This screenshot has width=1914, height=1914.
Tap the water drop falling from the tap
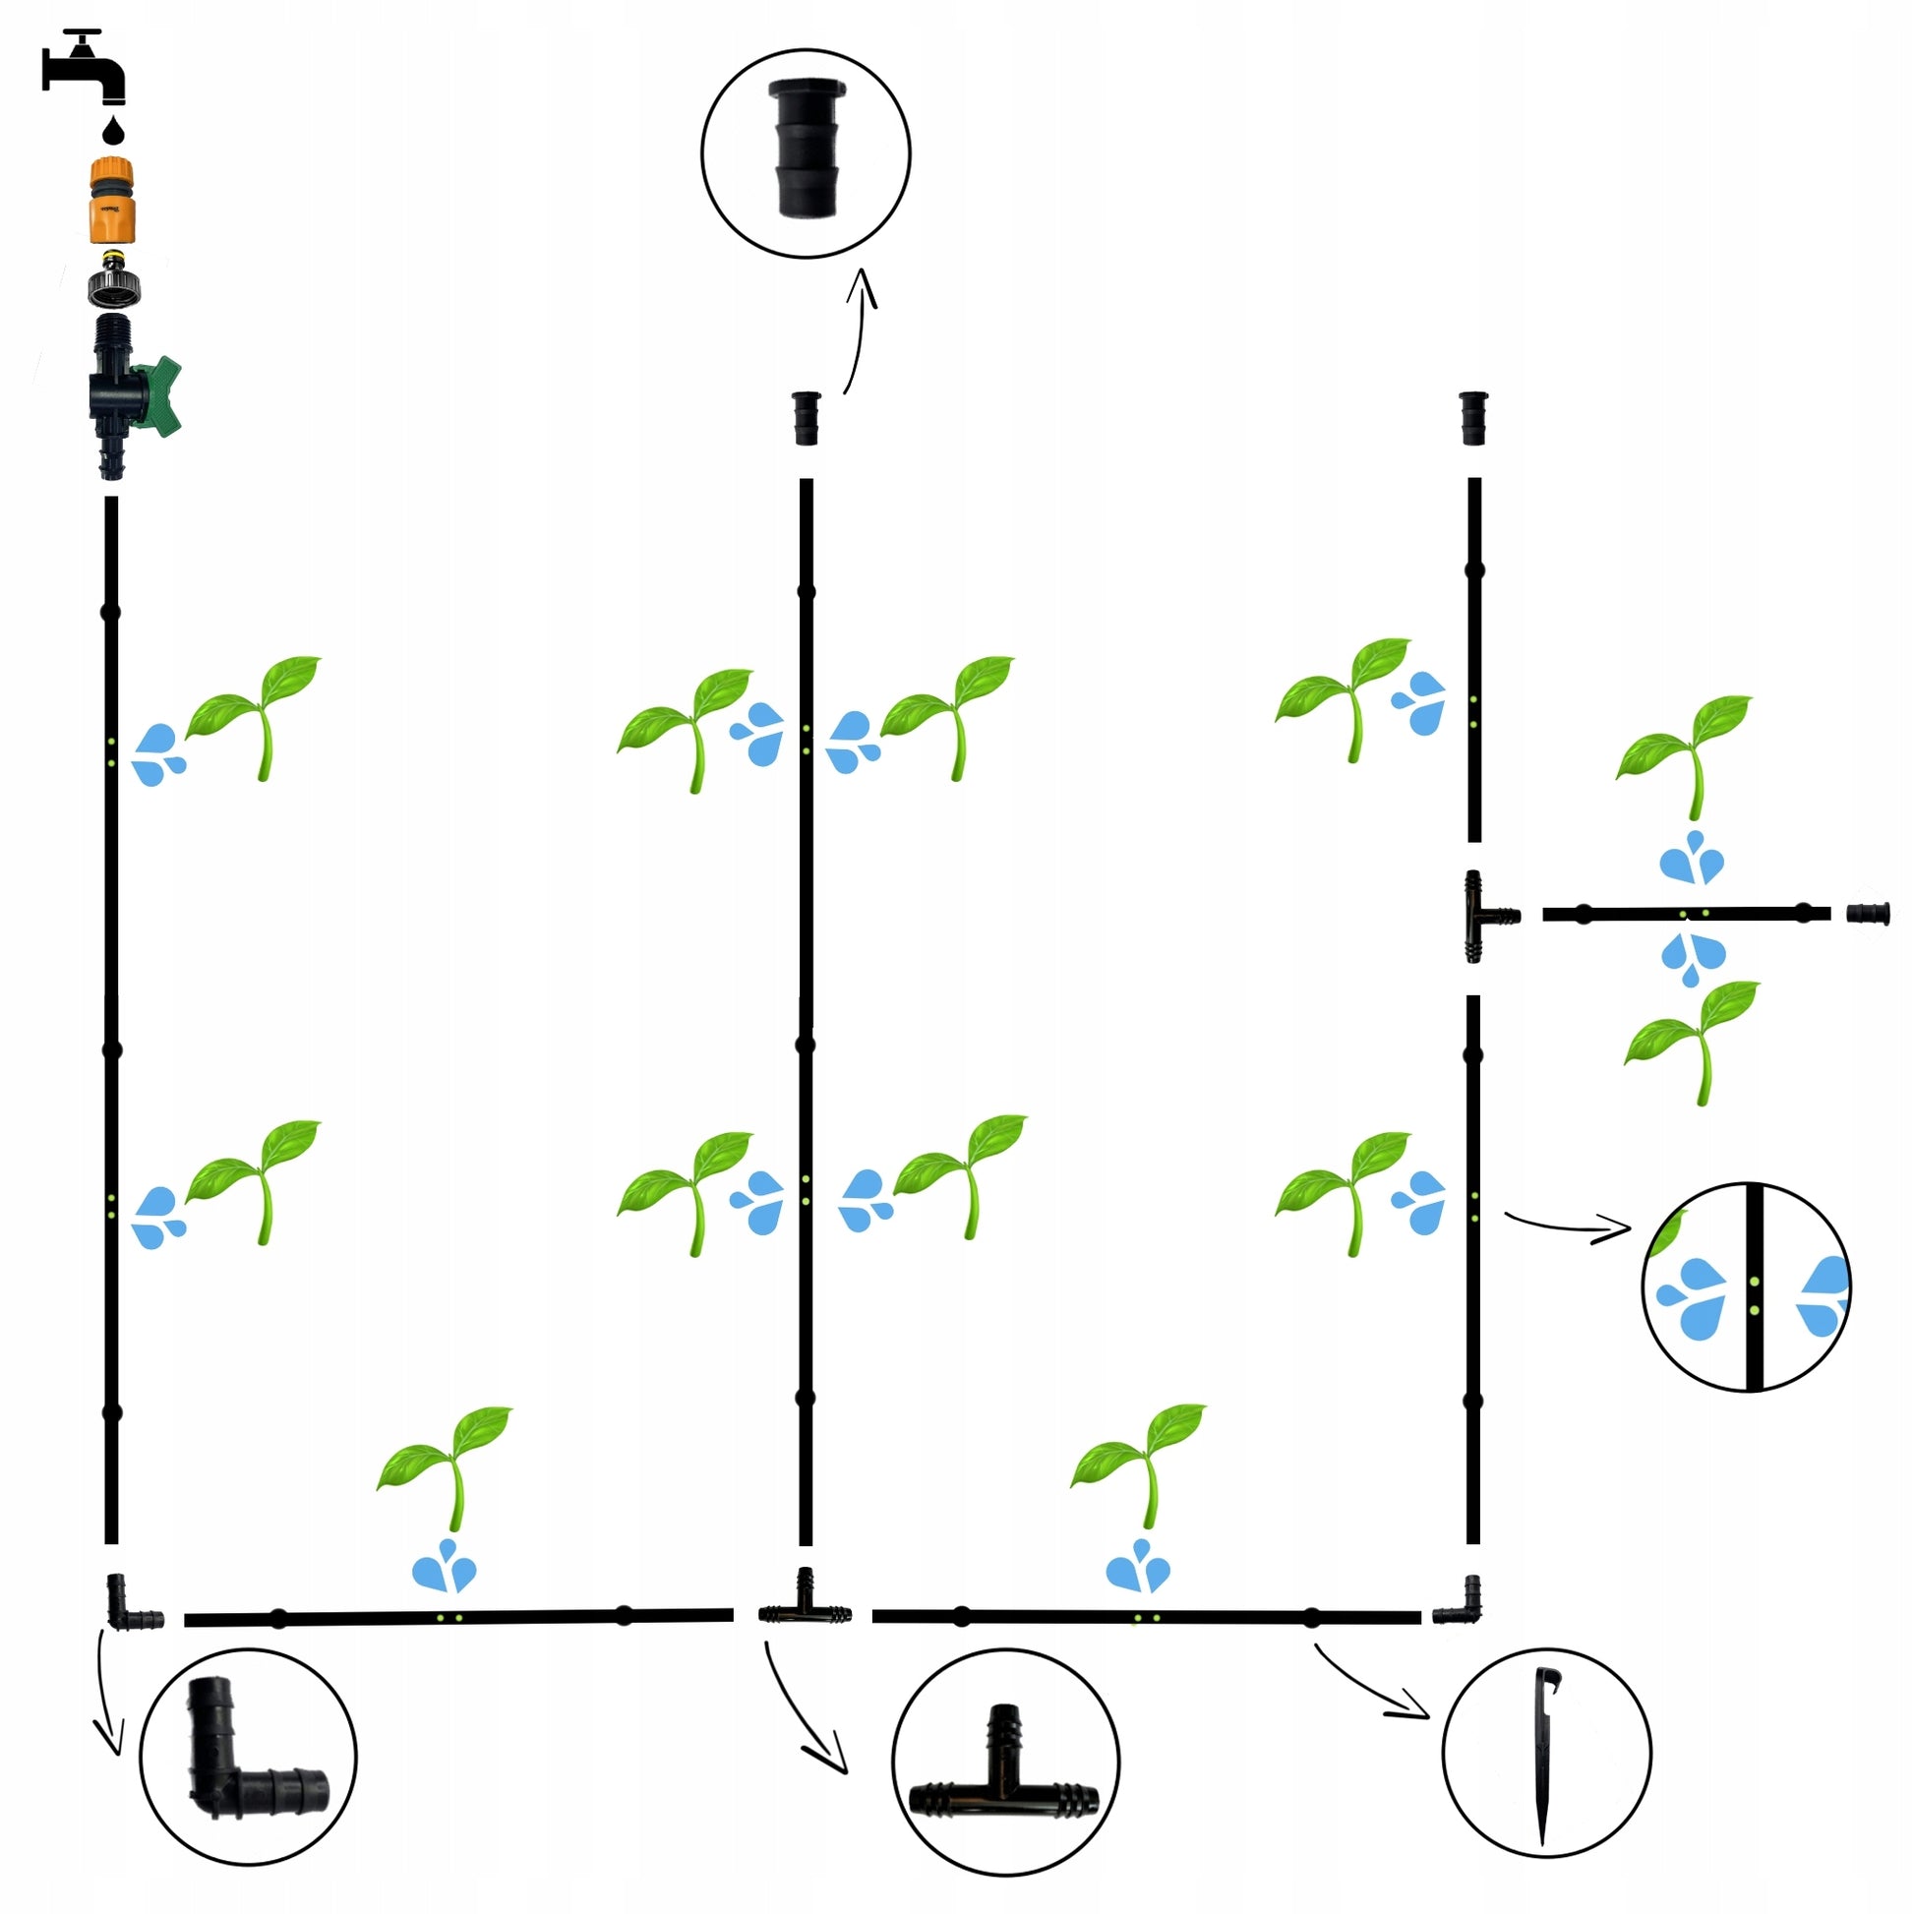(x=114, y=130)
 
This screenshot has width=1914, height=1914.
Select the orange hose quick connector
(x=112, y=200)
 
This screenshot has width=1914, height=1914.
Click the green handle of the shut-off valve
(x=160, y=395)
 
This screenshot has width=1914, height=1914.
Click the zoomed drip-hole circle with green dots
(x=1746, y=1286)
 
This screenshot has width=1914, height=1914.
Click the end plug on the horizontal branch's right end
(x=1869, y=913)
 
